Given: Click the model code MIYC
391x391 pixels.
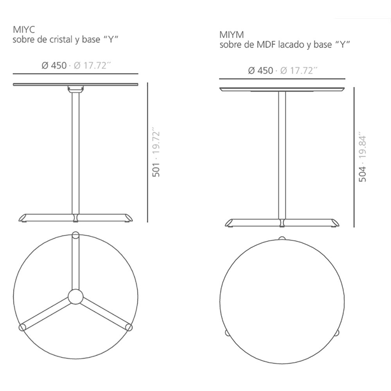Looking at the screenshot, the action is tap(24, 30).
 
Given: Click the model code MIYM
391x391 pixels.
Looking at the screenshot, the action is tap(231, 35).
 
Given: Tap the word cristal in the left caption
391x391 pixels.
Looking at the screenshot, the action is tap(60, 39).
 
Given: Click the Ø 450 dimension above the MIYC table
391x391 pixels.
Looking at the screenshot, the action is tap(54, 66).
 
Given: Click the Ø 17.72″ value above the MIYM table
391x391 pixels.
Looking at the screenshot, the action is tap(299, 71).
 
